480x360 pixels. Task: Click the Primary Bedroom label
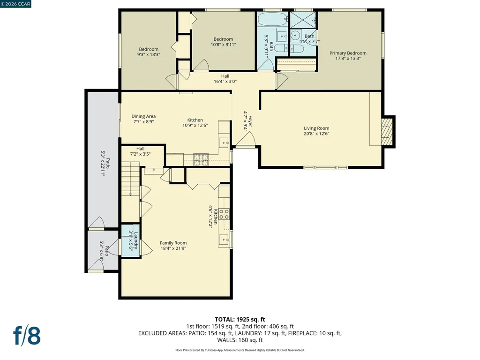pyautogui.click(x=347, y=53)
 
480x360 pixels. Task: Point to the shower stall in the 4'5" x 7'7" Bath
pyautogui.click(x=303, y=20)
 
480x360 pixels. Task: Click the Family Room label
pyautogui.click(x=173, y=243)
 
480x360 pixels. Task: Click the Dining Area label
pyautogui.click(x=143, y=116)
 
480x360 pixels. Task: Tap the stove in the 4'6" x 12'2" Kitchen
pyautogui.click(x=225, y=215)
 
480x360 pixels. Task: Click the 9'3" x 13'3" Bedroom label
pyautogui.click(x=149, y=49)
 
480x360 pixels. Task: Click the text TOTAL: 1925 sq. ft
pyautogui.click(x=240, y=319)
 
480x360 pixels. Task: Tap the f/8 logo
pyautogui.click(x=27, y=336)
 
